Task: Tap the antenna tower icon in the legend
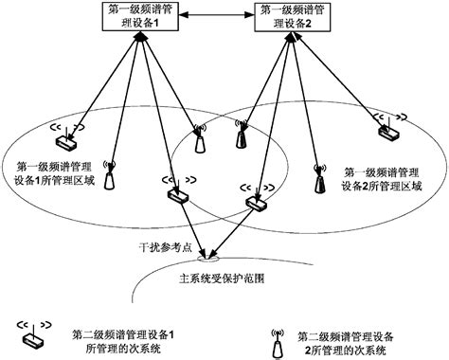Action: tap(277, 342)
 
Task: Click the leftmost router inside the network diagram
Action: tap(65, 140)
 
